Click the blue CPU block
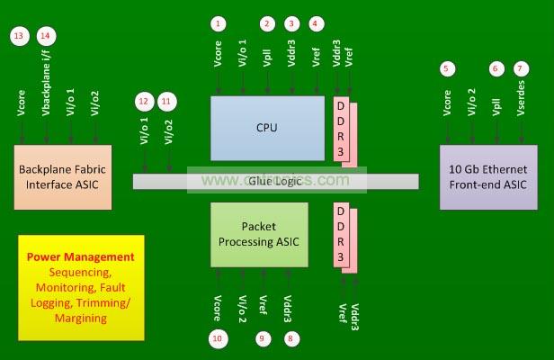(267, 128)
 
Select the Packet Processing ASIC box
(259, 234)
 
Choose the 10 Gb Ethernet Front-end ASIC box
(487, 176)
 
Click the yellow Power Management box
(81, 288)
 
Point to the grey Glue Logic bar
(276, 181)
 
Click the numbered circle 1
(219, 22)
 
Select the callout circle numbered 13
(20, 35)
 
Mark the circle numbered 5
(447, 69)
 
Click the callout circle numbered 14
(46, 35)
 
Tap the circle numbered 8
(289, 338)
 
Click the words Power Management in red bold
(81, 256)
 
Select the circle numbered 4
(315, 22)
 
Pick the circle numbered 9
(263, 338)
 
